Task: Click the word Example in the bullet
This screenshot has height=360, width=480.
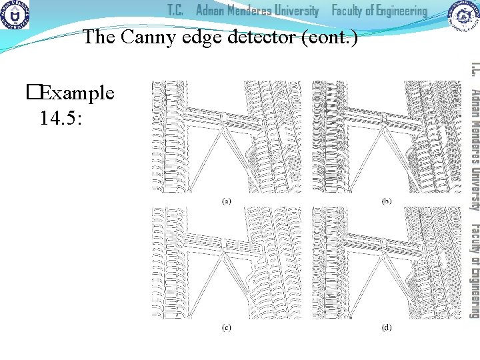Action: (x=77, y=93)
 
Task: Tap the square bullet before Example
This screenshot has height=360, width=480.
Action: (x=33, y=93)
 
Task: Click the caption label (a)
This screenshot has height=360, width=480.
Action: (x=226, y=201)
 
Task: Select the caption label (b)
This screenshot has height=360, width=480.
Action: (x=386, y=201)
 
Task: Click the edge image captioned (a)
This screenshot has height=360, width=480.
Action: (x=226, y=137)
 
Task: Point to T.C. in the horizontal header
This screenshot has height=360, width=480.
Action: (x=175, y=11)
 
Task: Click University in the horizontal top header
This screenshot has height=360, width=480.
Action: (x=294, y=11)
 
